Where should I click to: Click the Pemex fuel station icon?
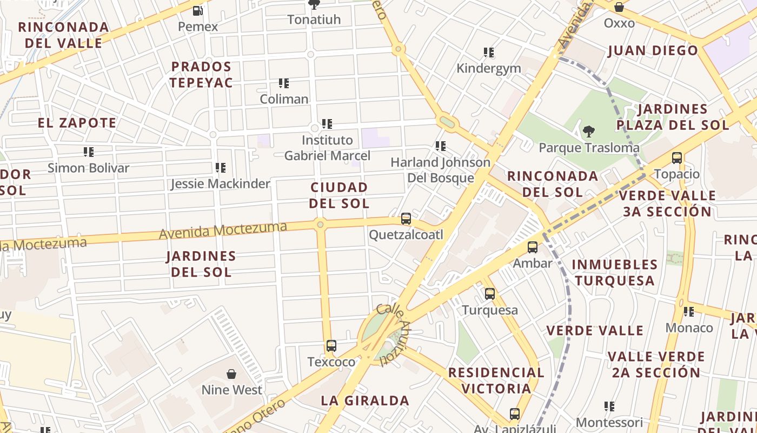coord(198,10)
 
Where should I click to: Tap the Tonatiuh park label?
coord(314,19)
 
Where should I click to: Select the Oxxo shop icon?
coord(619,8)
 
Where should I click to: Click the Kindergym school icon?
coord(489,53)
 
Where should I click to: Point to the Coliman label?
coord(284,99)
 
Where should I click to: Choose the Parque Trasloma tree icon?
coord(589,132)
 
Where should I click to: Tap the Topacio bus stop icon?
coord(677,158)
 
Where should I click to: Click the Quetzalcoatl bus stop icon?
coord(406,219)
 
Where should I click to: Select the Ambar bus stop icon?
coord(533,247)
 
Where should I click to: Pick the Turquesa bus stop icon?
coord(490,294)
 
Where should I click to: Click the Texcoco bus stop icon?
coord(331,346)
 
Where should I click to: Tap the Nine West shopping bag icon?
coord(231,374)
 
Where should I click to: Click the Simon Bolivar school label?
coord(89,168)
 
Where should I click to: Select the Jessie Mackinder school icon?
coord(221,168)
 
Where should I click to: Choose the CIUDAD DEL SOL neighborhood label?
coord(339,195)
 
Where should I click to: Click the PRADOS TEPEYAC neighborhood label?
coord(201,75)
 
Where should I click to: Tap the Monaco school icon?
coord(689,312)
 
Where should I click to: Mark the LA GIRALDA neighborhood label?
coord(365,401)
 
